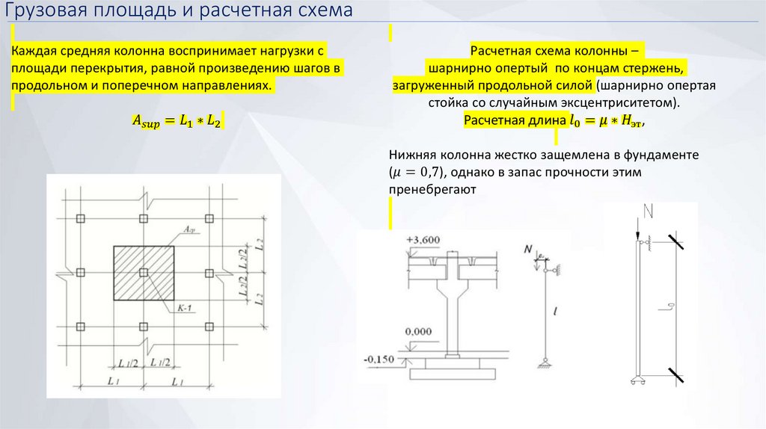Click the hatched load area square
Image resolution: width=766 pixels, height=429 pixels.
point(145,273)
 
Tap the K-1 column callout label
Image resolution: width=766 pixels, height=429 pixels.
point(185,308)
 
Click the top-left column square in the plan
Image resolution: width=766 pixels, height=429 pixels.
point(82,219)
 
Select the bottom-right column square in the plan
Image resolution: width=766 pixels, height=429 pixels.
point(209,326)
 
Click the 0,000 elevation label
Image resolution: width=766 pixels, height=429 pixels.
point(417,330)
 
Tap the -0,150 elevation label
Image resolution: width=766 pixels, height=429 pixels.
point(379,359)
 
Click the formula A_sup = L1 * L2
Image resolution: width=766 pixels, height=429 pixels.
point(178,119)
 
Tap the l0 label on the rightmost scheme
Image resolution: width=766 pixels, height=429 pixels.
point(671,306)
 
